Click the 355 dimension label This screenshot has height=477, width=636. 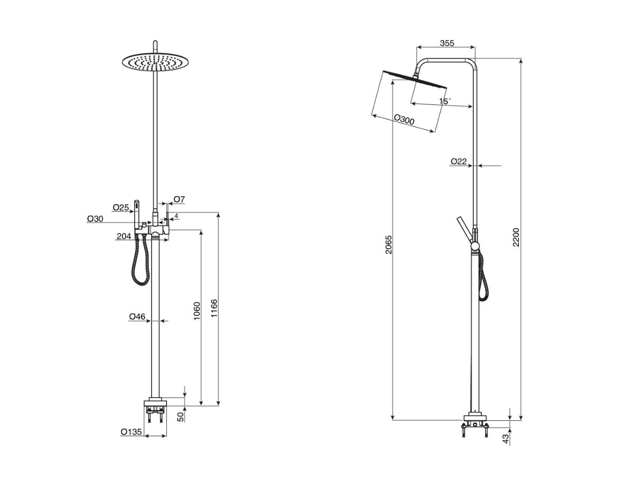click(x=447, y=43)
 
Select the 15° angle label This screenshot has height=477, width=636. click(x=445, y=100)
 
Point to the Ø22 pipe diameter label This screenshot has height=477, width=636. click(x=458, y=161)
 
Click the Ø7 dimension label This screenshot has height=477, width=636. click(x=179, y=199)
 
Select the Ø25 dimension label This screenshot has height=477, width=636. click(x=121, y=207)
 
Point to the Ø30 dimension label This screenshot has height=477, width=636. click(x=95, y=218)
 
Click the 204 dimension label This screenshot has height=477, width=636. click(x=123, y=236)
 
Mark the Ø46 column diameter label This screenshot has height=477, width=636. click(x=137, y=317)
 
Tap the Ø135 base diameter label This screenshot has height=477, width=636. click(x=131, y=432)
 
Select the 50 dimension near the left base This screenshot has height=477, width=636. click(x=180, y=417)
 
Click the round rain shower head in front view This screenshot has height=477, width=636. click(x=155, y=63)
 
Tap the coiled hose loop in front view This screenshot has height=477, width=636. click(x=140, y=262)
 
